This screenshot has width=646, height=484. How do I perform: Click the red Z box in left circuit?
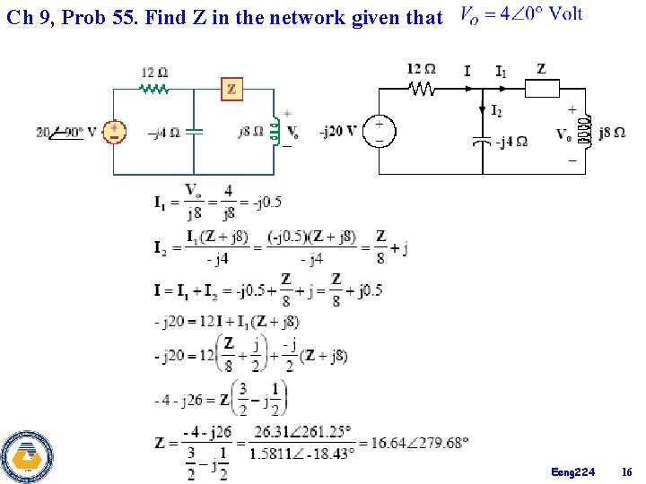(x=232, y=89)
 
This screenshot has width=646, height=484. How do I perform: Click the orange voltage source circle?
(x=115, y=132)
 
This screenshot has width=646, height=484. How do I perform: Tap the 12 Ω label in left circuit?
(x=155, y=72)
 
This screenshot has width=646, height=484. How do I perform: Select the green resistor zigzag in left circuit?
(x=154, y=89)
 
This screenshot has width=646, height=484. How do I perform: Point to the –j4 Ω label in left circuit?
(x=165, y=133)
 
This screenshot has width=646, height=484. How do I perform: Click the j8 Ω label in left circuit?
(x=250, y=133)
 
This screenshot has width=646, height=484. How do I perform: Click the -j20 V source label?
(x=339, y=132)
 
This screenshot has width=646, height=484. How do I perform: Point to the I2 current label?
(x=496, y=110)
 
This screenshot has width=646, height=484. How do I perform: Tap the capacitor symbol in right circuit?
(x=482, y=141)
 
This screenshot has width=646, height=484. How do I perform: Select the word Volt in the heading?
(x=565, y=13)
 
